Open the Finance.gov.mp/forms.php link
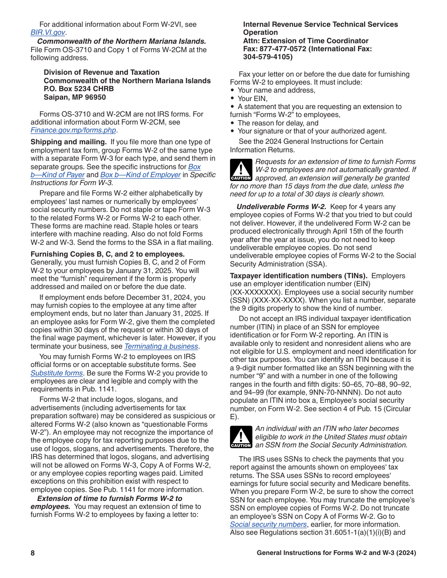[x=73, y=130]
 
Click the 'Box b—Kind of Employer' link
[x=140, y=175]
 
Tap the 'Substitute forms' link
[x=56, y=373]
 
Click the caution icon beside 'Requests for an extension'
[x=241, y=170]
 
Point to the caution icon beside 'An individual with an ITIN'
[x=241, y=437]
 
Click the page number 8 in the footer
[x=33, y=553]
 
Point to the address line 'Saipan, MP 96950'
[x=75, y=97]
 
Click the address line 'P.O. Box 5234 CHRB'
[x=79, y=89]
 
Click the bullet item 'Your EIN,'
[x=252, y=99]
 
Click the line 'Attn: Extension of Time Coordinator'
[x=305, y=41]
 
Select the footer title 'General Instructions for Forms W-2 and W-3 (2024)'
[x=336, y=553]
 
